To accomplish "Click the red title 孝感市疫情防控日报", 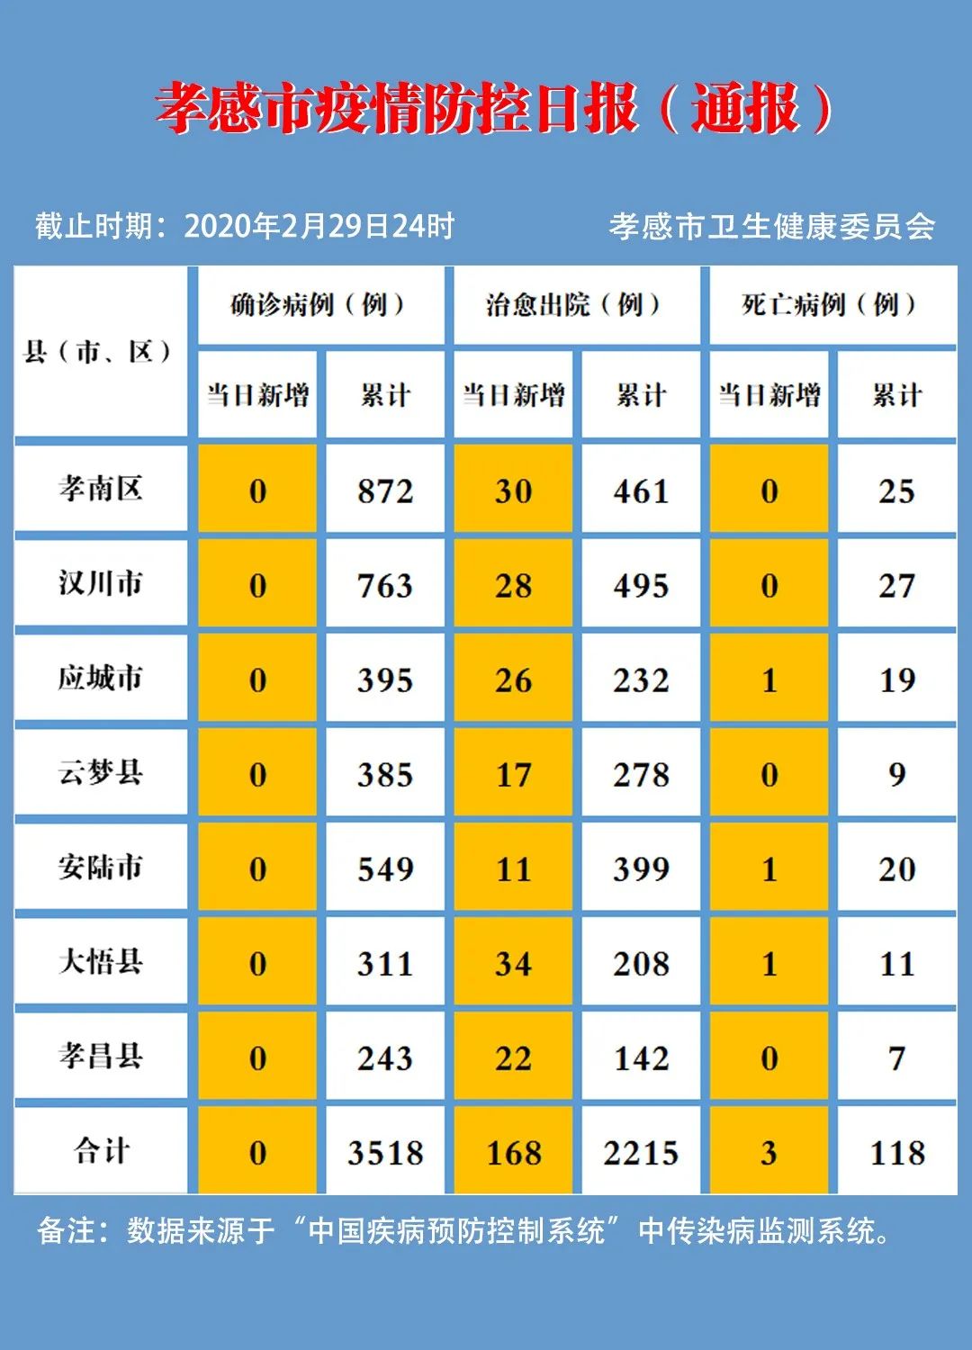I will point(396,109).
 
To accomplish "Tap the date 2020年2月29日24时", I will point(319,226).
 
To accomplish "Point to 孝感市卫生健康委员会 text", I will point(771,226).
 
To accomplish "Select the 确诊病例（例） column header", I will point(319,305).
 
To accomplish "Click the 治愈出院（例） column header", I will point(575,305).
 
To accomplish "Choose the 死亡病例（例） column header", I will point(831,305).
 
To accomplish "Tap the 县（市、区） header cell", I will point(99,351).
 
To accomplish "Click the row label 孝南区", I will point(101,490).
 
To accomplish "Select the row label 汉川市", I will point(101,584).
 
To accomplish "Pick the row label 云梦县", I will point(101,773).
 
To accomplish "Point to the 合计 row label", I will point(101,1151).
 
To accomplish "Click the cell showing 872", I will point(385,491).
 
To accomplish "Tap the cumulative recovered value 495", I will point(641,586).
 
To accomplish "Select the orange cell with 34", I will point(513,964).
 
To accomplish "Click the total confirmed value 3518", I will point(385,1153).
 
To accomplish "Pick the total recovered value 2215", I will point(641,1153).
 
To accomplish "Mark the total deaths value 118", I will point(896,1153).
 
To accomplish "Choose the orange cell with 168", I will point(513,1153).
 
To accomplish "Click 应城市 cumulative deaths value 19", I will point(896,680).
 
